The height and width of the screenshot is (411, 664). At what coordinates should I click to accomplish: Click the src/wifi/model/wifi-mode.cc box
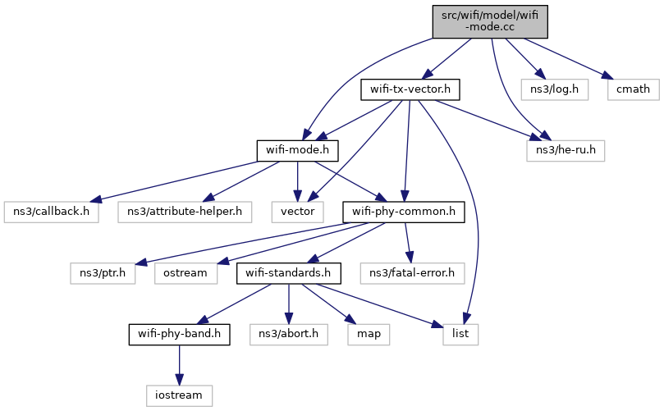click(x=490, y=21)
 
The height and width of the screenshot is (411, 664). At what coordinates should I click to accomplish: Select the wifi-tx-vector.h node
click(x=410, y=89)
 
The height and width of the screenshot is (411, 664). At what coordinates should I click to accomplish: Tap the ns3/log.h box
click(x=554, y=89)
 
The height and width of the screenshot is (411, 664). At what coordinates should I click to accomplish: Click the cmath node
click(x=633, y=89)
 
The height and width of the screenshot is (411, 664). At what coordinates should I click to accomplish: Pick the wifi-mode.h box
click(x=297, y=151)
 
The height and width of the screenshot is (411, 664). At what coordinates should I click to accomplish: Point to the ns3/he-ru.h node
click(x=566, y=151)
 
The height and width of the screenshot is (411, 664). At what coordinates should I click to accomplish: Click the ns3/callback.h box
click(x=51, y=212)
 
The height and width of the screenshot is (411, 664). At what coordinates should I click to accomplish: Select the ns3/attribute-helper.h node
click(x=185, y=212)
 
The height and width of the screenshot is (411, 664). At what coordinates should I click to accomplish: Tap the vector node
click(x=297, y=212)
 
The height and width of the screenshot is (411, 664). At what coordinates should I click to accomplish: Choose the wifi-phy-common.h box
click(x=404, y=212)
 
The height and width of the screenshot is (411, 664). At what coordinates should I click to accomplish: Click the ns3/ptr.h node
click(x=103, y=273)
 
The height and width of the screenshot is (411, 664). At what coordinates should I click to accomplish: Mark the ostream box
click(x=185, y=273)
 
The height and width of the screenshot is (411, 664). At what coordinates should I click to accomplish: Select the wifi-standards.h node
click(x=288, y=273)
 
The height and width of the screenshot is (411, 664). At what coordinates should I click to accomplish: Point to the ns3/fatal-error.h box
click(x=412, y=273)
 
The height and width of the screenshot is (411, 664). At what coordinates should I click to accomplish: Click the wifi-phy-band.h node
click(x=179, y=335)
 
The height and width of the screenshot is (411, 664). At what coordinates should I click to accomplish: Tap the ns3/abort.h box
click(x=288, y=335)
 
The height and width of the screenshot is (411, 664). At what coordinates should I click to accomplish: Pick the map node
click(x=369, y=335)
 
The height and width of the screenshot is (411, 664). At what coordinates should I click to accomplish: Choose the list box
click(x=460, y=335)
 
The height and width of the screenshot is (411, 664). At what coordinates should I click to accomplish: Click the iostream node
click(x=179, y=395)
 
